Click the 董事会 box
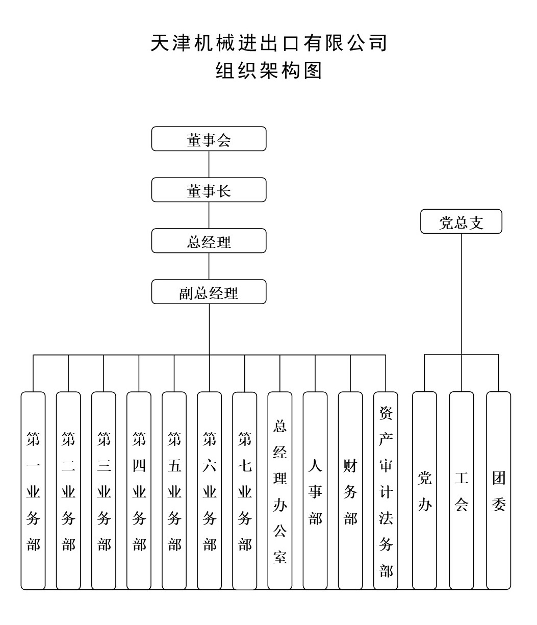click(x=209, y=139)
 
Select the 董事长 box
click(x=209, y=190)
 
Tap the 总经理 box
click(x=209, y=241)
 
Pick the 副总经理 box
click(x=209, y=292)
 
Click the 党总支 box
click(x=461, y=221)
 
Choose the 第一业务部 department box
click(x=33, y=490)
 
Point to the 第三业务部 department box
click(x=104, y=490)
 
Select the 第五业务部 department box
click(x=174, y=490)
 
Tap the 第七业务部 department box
click(x=245, y=490)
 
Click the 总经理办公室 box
click(x=280, y=490)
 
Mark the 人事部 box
click(x=315, y=490)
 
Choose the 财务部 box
click(x=350, y=490)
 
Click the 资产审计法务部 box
click(x=386, y=490)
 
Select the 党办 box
click(x=424, y=490)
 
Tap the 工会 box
click(x=462, y=490)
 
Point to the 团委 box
click(x=498, y=490)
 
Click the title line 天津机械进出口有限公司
click(x=269, y=43)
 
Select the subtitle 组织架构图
click(x=269, y=71)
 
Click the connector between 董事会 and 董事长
click(x=209, y=164)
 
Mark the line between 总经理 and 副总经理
click(x=209, y=266)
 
